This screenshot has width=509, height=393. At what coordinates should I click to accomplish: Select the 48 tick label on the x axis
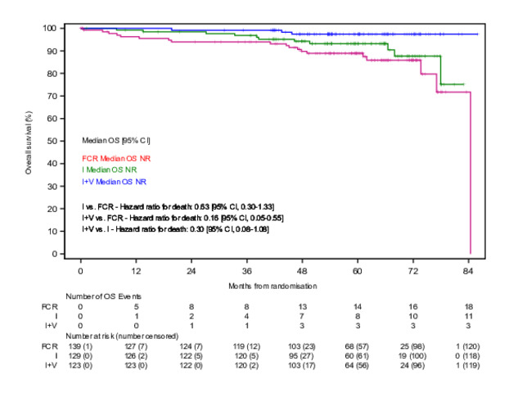pos(302,269)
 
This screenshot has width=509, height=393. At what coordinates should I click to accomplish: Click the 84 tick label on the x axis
pos(468,269)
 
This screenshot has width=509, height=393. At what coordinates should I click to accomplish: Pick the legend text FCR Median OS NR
pos(114,158)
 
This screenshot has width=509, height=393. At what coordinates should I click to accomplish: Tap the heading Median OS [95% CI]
pos(115,141)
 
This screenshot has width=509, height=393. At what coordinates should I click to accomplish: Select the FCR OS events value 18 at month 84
pos(468,305)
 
